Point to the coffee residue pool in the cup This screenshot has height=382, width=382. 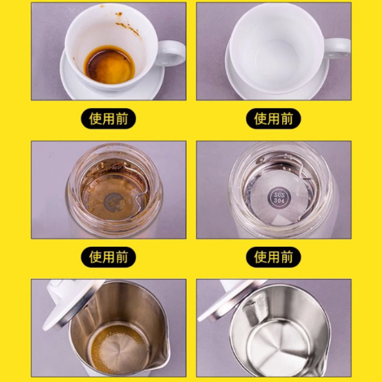(x=109, y=64)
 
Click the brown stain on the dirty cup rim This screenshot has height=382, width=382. (x=128, y=27)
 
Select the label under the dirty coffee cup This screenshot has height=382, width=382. (x=108, y=119)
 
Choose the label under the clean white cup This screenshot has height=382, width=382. (x=273, y=119)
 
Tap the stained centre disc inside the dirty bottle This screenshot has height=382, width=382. (x=114, y=203)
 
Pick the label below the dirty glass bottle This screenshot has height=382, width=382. (x=108, y=257)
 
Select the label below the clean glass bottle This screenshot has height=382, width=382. (x=273, y=257)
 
